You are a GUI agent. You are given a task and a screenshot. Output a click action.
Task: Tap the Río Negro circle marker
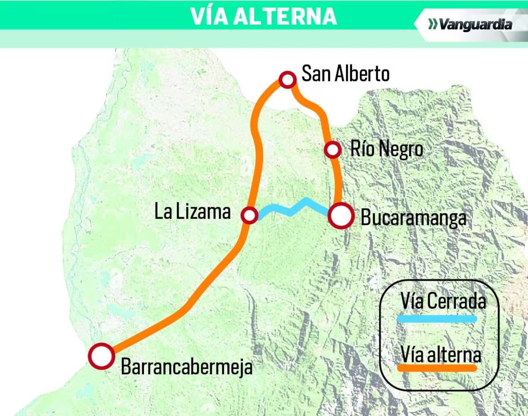pos(333,150)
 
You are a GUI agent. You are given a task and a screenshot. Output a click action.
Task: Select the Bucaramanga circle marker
pos(341,216)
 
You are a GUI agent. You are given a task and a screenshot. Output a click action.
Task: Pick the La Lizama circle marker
pos(249,215)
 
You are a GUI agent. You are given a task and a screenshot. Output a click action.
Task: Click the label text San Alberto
pos(345,74)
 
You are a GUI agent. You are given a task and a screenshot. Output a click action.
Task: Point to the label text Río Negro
pos(387,150)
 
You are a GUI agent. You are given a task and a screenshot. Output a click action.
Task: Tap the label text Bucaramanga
pos(413,218)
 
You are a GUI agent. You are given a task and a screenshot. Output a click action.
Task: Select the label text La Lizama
pos(192,212)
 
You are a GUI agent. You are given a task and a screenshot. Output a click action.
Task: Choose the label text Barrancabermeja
pos(187,367)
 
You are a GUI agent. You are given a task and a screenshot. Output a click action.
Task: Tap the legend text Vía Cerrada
pos(443,302)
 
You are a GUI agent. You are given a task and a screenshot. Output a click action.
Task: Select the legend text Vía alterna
pos(440,354)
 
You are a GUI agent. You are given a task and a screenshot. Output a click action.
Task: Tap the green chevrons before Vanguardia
pos(433,24)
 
